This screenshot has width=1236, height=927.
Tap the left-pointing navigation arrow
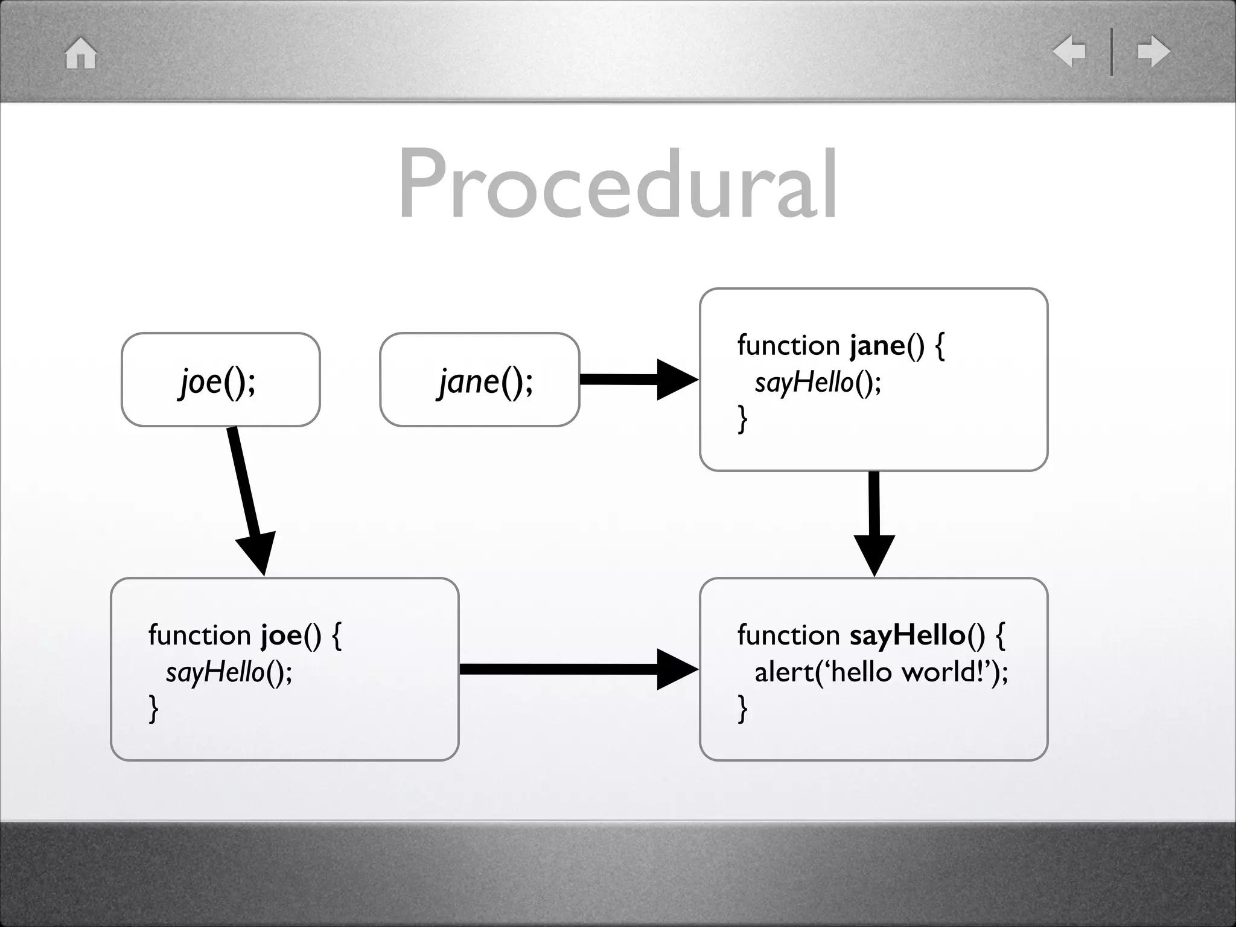pyautogui.click(x=1069, y=51)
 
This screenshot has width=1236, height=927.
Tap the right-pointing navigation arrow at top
pyautogui.click(x=1153, y=51)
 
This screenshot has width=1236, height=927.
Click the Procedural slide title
pyautogui.click(x=617, y=184)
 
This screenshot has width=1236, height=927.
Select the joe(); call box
pyautogui.click(x=220, y=380)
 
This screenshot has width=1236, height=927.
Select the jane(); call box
pyautogui.click(x=480, y=380)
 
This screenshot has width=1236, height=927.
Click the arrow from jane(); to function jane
pyautogui.click(x=637, y=380)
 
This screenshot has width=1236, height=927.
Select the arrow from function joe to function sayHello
pyautogui.click(x=576, y=669)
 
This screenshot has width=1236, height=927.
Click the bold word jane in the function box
pyautogui.click(x=877, y=346)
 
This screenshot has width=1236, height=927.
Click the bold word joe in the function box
pyautogui.click(x=281, y=636)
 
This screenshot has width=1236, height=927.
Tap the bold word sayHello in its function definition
pyautogui.click(x=907, y=636)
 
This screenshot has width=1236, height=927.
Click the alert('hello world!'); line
pyautogui.click(x=881, y=672)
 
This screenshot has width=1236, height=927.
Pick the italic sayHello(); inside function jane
pyautogui.click(x=818, y=383)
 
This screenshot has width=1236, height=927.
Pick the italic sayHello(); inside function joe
pyautogui.click(x=229, y=672)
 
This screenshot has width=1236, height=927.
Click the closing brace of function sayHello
pyautogui.click(x=743, y=709)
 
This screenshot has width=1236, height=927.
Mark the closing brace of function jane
pyautogui.click(x=743, y=419)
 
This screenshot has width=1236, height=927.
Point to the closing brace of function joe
pyautogui.click(x=154, y=709)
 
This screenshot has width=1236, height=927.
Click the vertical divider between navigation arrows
pyautogui.click(x=1112, y=52)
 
